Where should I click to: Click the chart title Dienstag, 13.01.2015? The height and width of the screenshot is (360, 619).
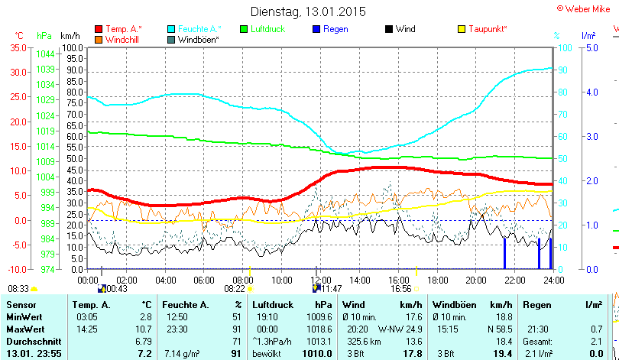[308, 11]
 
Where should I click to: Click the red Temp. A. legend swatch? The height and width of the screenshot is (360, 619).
[98, 29]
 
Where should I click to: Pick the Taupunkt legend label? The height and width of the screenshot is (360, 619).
[488, 29]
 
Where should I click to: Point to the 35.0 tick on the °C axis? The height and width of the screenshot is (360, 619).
[17, 47]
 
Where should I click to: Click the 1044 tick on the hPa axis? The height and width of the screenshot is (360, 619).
[45, 54]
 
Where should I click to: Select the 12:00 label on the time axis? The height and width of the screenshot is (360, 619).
[321, 280]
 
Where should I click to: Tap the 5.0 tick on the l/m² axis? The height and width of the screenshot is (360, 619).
[591, 47]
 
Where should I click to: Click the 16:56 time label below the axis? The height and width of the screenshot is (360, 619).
[401, 289]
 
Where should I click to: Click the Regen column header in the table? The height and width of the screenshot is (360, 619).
[536, 305]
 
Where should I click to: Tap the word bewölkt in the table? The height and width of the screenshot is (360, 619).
[268, 353]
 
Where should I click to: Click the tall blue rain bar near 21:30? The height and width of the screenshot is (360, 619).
[504, 252]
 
